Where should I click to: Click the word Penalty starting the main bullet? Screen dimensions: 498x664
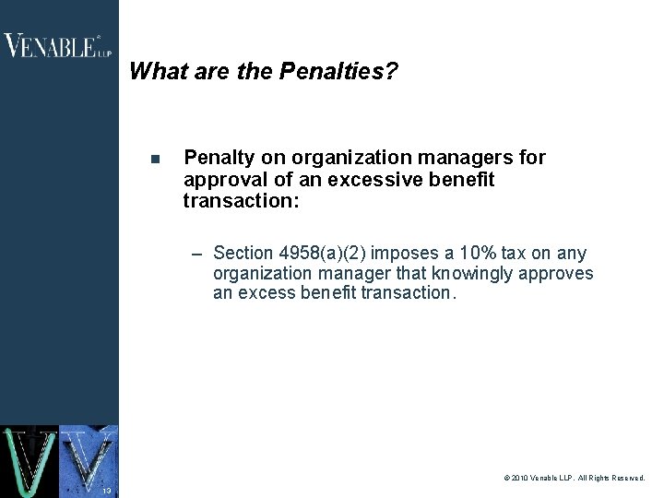click(x=217, y=158)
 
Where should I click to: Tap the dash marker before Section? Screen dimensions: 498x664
click(x=197, y=254)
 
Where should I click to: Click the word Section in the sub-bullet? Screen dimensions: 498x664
click(x=243, y=253)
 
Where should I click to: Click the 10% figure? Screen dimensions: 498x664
click(x=484, y=253)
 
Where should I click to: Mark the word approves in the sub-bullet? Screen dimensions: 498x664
click(x=558, y=273)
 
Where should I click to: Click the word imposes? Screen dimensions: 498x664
click(x=405, y=253)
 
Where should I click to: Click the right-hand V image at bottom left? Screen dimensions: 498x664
click(x=89, y=459)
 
